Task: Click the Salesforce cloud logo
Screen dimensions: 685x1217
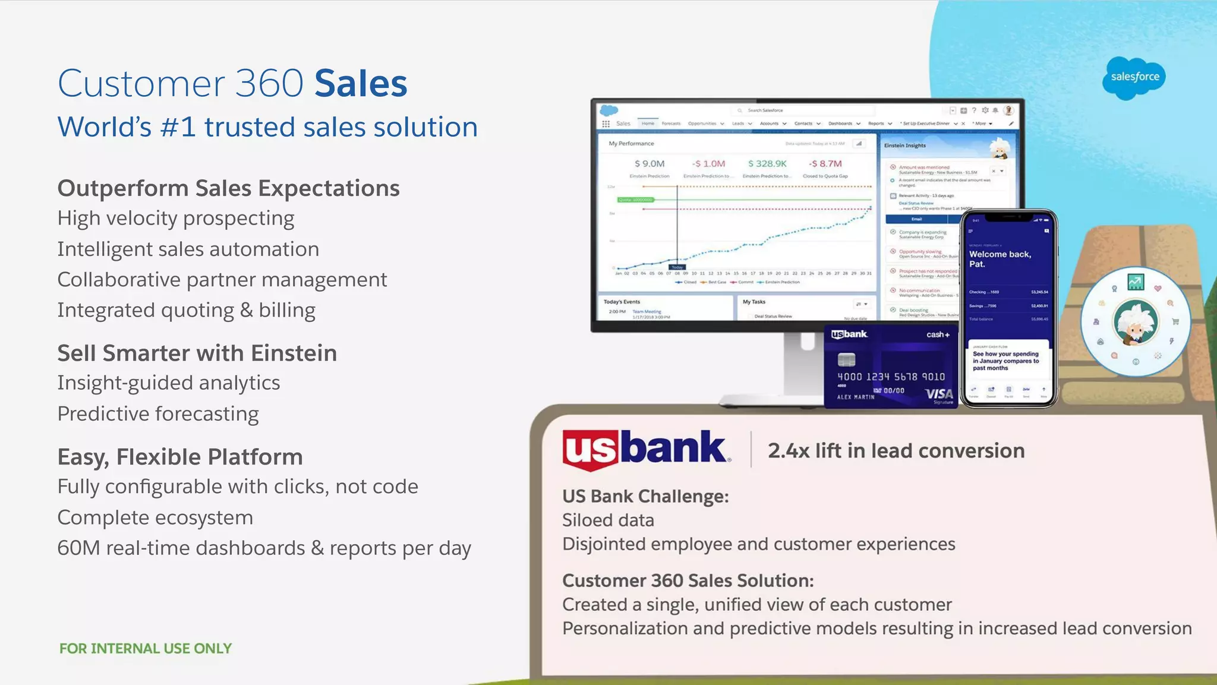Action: click(x=1134, y=77)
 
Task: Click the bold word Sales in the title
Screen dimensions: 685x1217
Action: click(x=361, y=83)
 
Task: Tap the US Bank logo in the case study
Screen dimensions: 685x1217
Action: click(x=645, y=449)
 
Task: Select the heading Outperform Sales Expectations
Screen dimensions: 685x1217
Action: click(x=228, y=188)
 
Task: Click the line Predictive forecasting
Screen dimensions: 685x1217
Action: click(x=158, y=413)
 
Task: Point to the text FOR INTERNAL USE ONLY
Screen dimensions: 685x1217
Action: click(x=146, y=648)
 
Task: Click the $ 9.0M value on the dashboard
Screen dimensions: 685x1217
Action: click(x=649, y=163)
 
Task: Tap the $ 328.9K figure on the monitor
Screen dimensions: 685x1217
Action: click(x=767, y=163)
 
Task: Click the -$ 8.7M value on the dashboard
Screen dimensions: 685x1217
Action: click(x=825, y=163)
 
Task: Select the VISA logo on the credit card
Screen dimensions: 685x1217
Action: click(x=939, y=394)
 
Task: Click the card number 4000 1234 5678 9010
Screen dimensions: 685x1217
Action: click(x=891, y=377)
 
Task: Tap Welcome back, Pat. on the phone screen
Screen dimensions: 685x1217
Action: click(x=1000, y=258)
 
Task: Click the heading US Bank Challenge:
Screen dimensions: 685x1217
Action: click(x=645, y=496)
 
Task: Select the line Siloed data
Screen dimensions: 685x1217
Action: click(x=608, y=520)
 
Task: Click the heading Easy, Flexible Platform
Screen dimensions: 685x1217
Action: click(x=180, y=457)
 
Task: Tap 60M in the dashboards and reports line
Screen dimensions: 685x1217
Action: click(x=78, y=548)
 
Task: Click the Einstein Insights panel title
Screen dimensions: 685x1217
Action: click(x=904, y=146)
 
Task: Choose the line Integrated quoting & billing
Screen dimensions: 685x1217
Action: click(x=186, y=310)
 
